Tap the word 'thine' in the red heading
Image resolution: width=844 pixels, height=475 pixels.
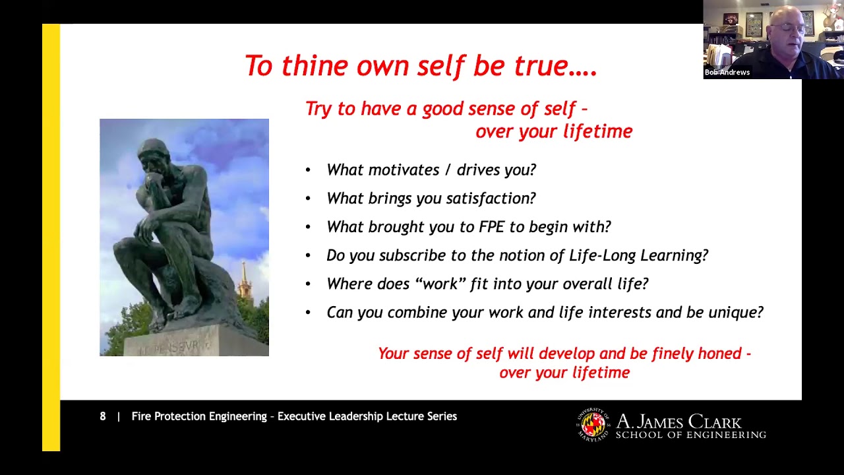[x=315, y=66]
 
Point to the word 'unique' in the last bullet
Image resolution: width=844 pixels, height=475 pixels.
[x=734, y=312]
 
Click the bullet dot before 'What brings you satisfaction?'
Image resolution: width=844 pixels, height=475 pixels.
[x=308, y=199]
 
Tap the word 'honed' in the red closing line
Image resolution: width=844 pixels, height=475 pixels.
[x=720, y=354]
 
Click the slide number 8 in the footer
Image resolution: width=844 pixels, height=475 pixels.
[x=103, y=416]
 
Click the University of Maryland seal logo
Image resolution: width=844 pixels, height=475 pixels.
[x=593, y=424]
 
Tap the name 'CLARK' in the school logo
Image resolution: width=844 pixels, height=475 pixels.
[x=715, y=422]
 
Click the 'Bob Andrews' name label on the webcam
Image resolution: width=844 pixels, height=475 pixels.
[x=727, y=73]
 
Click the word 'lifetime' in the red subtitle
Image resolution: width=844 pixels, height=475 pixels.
[x=601, y=131]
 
